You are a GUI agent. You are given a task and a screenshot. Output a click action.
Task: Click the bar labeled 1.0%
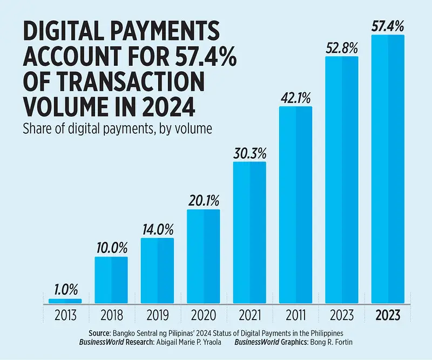65,301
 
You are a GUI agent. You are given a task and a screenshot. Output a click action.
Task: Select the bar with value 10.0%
111,280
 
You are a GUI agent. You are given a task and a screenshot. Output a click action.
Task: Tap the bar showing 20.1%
203,256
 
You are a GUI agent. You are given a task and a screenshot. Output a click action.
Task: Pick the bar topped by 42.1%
295,205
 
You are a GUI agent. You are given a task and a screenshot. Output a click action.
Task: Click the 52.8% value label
341,47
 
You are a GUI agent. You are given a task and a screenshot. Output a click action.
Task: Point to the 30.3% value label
249,153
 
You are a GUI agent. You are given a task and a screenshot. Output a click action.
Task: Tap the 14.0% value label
157,229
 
